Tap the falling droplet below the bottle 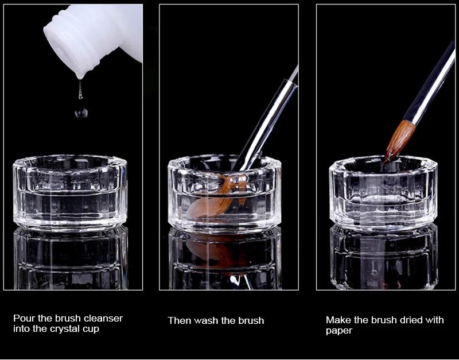(x=81, y=113)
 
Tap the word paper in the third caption (x=339, y=331)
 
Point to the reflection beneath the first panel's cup (x=71, y=258)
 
